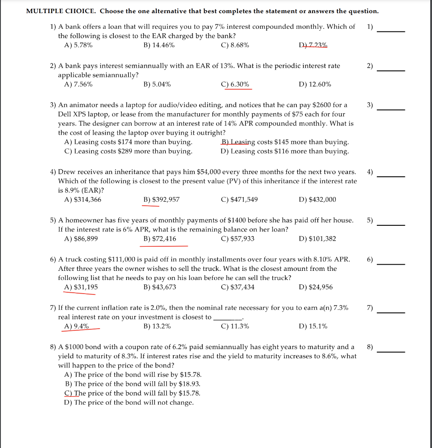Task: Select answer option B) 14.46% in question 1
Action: (159, 45)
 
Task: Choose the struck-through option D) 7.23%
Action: (313, 45)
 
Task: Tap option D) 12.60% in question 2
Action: (315, 84)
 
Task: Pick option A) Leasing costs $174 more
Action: (128, 142)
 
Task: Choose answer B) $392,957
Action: (161, 199)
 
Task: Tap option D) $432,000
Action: (317, 199)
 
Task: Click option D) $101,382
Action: (317, 239)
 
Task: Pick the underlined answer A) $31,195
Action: (81, 287)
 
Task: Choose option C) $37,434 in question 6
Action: (238, 287)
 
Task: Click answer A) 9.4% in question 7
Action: (77, 326)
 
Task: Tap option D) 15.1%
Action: (313, 326)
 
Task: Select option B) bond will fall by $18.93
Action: (132, 384)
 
